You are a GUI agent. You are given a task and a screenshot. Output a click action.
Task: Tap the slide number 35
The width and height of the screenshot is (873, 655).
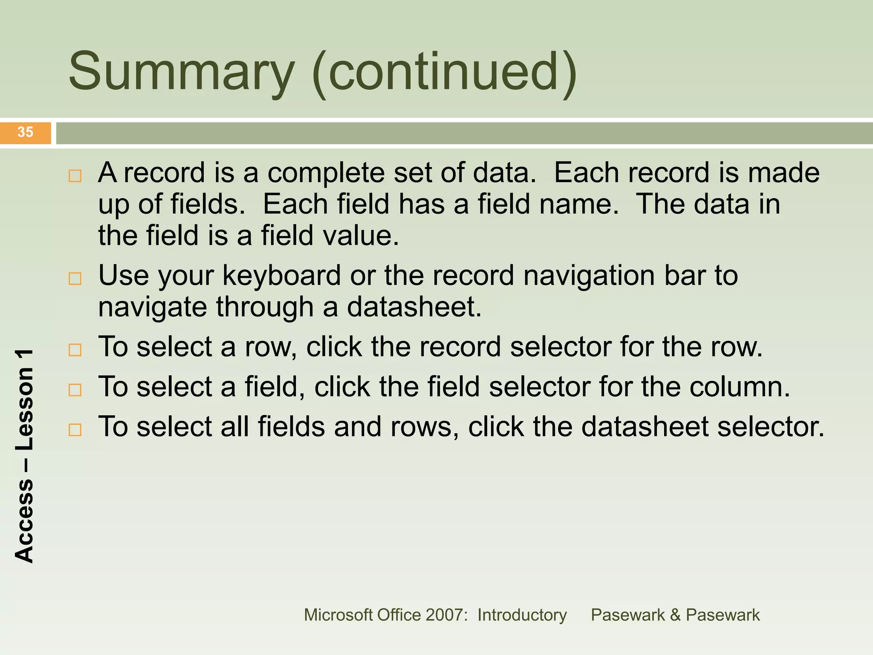(x=26, y=132)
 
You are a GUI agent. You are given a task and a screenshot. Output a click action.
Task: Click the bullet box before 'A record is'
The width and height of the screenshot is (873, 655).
(x=75, y=176)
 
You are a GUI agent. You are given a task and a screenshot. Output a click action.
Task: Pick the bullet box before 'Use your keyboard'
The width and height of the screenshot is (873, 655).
(x=75, y=278)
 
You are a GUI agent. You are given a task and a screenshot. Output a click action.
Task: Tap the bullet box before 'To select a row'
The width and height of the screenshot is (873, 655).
(x=75, y=350)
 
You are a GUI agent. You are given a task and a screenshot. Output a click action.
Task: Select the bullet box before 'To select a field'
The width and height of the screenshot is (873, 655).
(x=75, y=390)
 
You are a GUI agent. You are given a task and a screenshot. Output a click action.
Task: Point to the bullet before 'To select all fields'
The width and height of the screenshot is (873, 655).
(x=75, y=429)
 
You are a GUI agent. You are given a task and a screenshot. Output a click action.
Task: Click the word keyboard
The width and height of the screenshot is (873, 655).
(x=281, y=276)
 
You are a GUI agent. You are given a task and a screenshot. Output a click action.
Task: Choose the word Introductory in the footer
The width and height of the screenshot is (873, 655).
(x=522, y=615)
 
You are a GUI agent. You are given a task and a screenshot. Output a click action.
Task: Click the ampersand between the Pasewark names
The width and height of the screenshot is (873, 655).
(x=675, y=615)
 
